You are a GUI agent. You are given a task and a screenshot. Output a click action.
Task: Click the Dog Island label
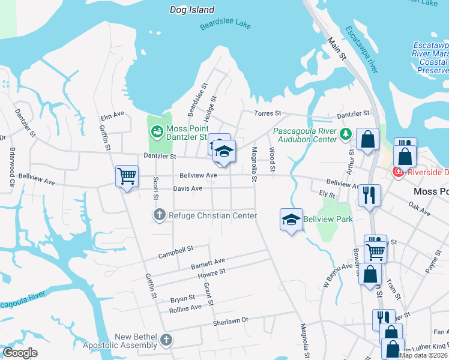[x=192, y=10]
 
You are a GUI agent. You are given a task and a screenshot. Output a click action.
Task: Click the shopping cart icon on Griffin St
[x=127, y=176]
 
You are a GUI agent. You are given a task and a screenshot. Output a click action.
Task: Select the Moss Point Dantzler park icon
[x=156, y=130]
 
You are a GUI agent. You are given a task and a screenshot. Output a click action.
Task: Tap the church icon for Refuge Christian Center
[x=160, y=215]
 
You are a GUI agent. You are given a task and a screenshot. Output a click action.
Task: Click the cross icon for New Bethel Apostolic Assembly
[x=166, y=340]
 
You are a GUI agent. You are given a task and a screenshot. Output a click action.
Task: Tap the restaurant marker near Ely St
[x=369, y=194]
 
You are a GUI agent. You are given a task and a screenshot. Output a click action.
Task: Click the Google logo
[x=20, y=353]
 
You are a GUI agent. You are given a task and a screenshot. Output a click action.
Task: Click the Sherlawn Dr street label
[x=231, y=322]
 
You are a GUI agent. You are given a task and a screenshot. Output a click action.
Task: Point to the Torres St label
[x=269, y=113]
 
